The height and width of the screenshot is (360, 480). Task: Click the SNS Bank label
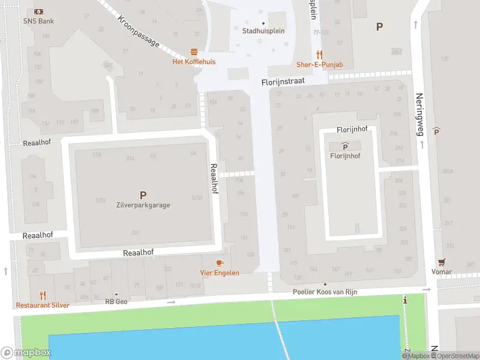pyautogui.click(x=38, y=21)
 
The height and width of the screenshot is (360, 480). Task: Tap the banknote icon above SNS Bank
pyautogui.click(x=38, y=11)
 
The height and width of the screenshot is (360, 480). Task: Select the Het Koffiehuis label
pyautogui.click(x=194, y=62)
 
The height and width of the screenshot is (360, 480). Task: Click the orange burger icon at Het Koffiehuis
pyautogui.click(x=194, y=52)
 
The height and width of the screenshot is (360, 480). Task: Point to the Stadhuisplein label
pyautogui.click(x=263, y=31)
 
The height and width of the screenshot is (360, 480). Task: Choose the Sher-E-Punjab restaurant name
pyautogui.click(x=319, y=64)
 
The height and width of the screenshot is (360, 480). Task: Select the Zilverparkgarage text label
pyautogui.click(x=143, y=205)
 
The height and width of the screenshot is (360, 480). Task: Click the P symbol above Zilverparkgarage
pyautogui.click(x=143, y=195)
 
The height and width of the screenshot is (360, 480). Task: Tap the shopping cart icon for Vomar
pyautogui.click(x=442, y=262)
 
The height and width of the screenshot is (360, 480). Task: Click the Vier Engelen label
pyautogui.click(x=220, y=273)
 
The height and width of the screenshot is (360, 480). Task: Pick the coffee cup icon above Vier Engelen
pyautogui.click(x=220, y=263)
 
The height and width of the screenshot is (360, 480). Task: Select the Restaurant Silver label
pyautogui.click(x=42, y=305)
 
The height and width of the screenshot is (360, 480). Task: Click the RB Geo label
pyautogui.click(x=116, y=302)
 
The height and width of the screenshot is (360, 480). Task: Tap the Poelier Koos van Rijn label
pyautogui.click(x=325, y=292)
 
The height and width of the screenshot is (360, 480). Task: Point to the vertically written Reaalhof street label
pyautogui.click(x=213, y=179)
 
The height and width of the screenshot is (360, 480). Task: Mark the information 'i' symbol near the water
pyautogui.click(x=406, y=300)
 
